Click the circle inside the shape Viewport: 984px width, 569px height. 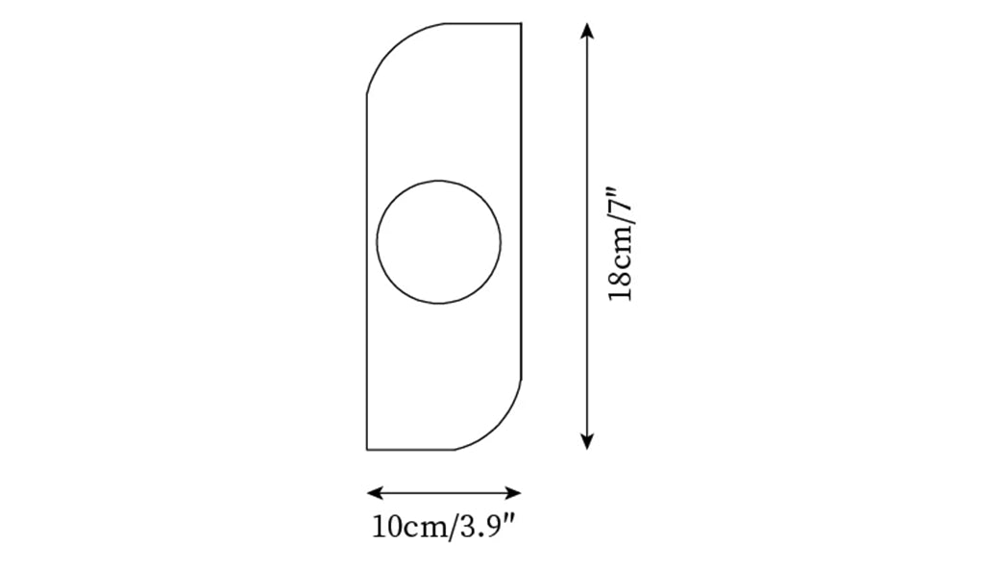pos(438,181)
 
